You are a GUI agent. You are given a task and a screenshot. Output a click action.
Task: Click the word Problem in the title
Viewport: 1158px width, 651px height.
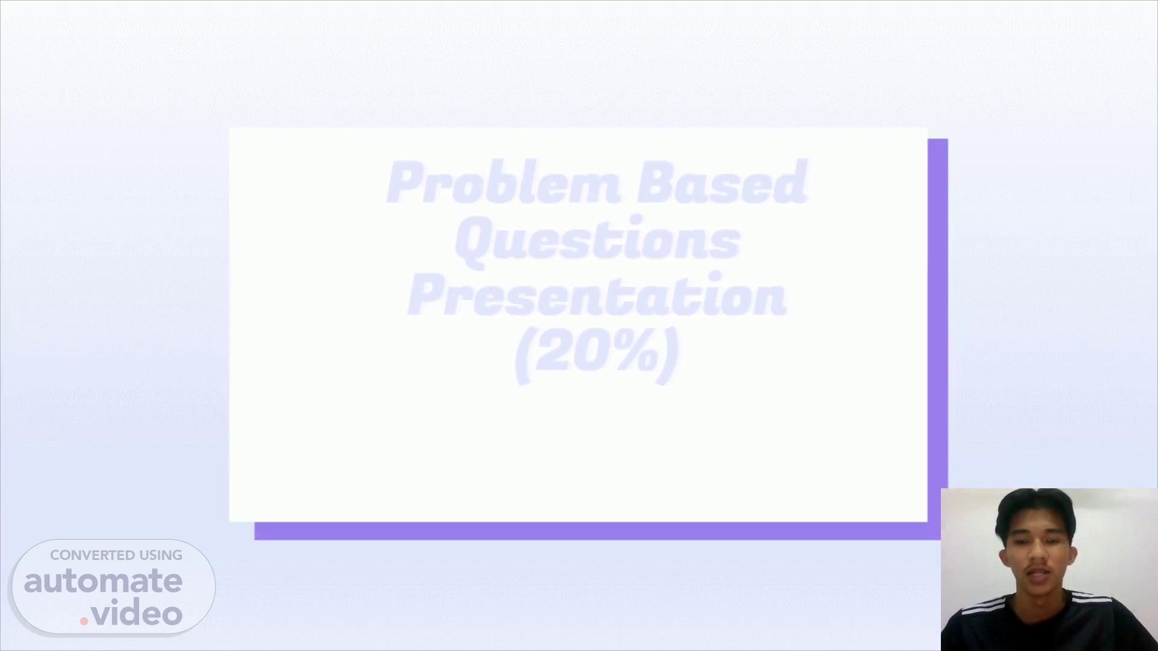[x=503, y=182]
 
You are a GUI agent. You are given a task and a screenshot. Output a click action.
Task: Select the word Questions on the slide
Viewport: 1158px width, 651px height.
[x=597, y=241]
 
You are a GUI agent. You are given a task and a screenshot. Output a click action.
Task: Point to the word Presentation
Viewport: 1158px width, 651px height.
[x=597, y=294]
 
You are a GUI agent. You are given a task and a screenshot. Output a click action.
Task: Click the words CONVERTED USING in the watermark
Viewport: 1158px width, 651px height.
[x=116, y=555]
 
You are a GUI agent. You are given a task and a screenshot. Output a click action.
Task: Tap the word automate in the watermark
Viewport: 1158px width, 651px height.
[x=103, y=581]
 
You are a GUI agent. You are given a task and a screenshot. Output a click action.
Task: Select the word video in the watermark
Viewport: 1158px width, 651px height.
[x=137, y=614]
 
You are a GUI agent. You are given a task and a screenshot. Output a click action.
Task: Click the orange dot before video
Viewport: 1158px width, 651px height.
[x=84, y=620]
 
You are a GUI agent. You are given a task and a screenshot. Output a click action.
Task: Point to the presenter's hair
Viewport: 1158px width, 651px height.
[x=1035, y=512]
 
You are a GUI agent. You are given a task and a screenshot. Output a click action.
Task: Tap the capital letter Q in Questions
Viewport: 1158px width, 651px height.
[x=473, y=241]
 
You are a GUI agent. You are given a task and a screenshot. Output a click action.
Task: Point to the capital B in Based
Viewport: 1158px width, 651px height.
[x=656, y=182]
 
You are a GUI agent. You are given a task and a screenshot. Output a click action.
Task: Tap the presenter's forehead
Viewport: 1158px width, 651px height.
[x=1033, y=530]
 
